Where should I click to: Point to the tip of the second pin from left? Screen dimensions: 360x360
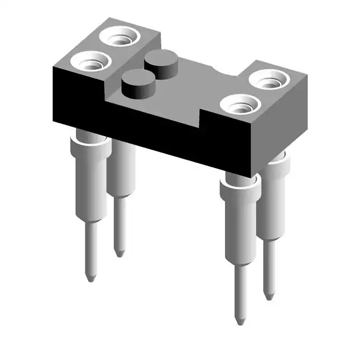[x=120, y=254]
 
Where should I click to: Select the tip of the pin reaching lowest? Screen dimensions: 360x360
[x=240, y=322]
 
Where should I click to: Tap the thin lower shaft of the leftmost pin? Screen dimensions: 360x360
[x=89, y=247]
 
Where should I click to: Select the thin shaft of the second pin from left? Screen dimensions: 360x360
[x=119, y=225]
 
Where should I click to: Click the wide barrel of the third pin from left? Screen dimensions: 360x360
[x=240, y=225]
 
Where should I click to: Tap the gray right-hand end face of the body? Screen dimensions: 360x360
[x=284, y=129]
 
